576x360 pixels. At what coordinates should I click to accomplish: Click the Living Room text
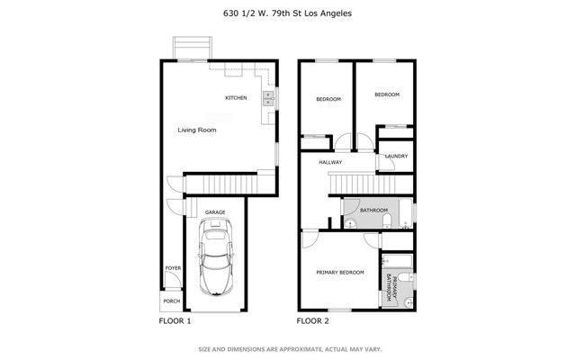(196, 130)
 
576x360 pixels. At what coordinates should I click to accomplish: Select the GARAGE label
(214, 212)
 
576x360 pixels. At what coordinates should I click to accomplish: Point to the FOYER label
(171, 269)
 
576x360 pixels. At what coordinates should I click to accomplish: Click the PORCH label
(169, 301)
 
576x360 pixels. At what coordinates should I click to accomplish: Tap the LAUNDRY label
(396, 156)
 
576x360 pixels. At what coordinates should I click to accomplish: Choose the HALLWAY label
(331, 163)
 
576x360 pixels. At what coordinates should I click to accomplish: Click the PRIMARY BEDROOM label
(339, 272)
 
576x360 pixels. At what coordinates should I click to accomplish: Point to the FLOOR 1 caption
(175, 320)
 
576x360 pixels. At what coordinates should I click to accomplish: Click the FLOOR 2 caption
(313, 320)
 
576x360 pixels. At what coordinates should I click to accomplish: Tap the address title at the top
(287, 13)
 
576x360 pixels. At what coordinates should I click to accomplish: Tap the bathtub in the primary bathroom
(397, 262)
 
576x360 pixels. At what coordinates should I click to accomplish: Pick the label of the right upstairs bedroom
(387, 94)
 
